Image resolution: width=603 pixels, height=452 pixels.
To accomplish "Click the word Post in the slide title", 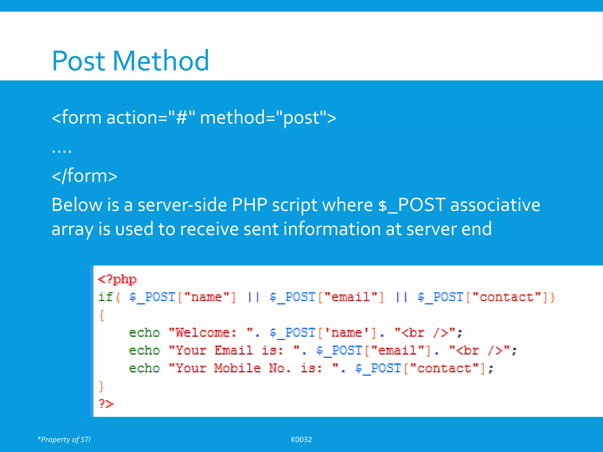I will (79, 61).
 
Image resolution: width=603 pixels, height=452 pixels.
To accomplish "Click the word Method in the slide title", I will (160, 61).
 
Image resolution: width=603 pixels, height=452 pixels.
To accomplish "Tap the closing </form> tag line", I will (85, 176).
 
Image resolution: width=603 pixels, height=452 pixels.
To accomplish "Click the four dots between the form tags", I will (62, 150).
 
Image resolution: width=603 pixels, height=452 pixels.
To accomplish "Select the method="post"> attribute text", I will (268, 118).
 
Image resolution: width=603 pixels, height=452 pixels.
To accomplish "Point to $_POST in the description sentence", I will (411, 205).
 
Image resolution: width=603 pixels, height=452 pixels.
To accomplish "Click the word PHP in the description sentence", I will (249, 205).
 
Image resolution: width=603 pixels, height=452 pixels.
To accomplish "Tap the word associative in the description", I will (495, 205).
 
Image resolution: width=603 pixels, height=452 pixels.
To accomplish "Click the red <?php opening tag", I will (117, 279).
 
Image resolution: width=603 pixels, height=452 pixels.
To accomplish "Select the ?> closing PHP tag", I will (106, 403).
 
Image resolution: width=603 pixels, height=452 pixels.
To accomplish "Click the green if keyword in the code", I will (105, 297).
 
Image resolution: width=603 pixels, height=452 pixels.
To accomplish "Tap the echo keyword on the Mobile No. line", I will (144, 368).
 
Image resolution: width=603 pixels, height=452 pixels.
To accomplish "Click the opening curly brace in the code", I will (102, 315).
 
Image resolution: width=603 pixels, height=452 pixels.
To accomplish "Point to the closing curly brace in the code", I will (102, 386).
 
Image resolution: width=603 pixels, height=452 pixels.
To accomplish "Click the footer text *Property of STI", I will (64, 440).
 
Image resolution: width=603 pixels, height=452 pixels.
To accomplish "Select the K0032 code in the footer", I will (301, 440).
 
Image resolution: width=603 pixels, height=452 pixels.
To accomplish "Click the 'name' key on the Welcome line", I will (346, 333).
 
